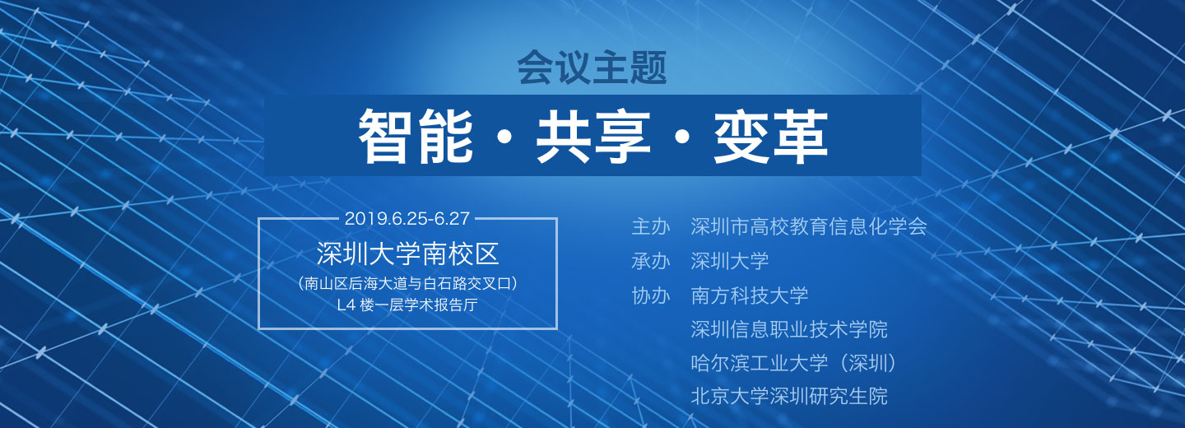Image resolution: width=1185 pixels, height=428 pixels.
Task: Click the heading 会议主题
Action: (592, 67)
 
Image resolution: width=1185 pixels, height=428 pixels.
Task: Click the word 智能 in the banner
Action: (416, 136)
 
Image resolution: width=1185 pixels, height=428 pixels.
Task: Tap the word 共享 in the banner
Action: (592, 136)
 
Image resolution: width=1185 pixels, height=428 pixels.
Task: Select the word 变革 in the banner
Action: (770, 136)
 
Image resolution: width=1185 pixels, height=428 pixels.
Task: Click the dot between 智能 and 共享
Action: (504, 137)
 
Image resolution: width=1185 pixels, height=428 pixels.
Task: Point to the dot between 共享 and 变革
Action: (682, 137)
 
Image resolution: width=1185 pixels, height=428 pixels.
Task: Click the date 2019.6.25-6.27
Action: (407, 218)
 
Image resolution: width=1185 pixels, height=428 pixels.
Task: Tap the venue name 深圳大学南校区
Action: (408, 254)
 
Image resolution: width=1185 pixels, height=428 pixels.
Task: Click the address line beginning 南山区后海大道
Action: (407, 284)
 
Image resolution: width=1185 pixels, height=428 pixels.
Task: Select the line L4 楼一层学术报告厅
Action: (407, 305)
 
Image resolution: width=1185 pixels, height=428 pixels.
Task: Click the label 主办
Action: (651, 226)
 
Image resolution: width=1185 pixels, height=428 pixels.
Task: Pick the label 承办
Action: (651, 261)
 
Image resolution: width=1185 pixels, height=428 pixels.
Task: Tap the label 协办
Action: (651, 295)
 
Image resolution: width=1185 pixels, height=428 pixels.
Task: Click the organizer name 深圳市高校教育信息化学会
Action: (809, 226)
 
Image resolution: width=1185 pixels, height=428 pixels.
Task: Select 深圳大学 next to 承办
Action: (730, 261)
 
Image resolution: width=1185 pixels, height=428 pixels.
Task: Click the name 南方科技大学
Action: (750, 295)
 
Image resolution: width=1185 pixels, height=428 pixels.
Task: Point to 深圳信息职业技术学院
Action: (789, 329)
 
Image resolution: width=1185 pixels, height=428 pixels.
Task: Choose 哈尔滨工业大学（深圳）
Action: (794, 363)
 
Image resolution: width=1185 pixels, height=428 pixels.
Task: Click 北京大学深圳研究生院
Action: (789, 396)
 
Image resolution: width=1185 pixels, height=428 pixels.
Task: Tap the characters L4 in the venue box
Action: (346, 305)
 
